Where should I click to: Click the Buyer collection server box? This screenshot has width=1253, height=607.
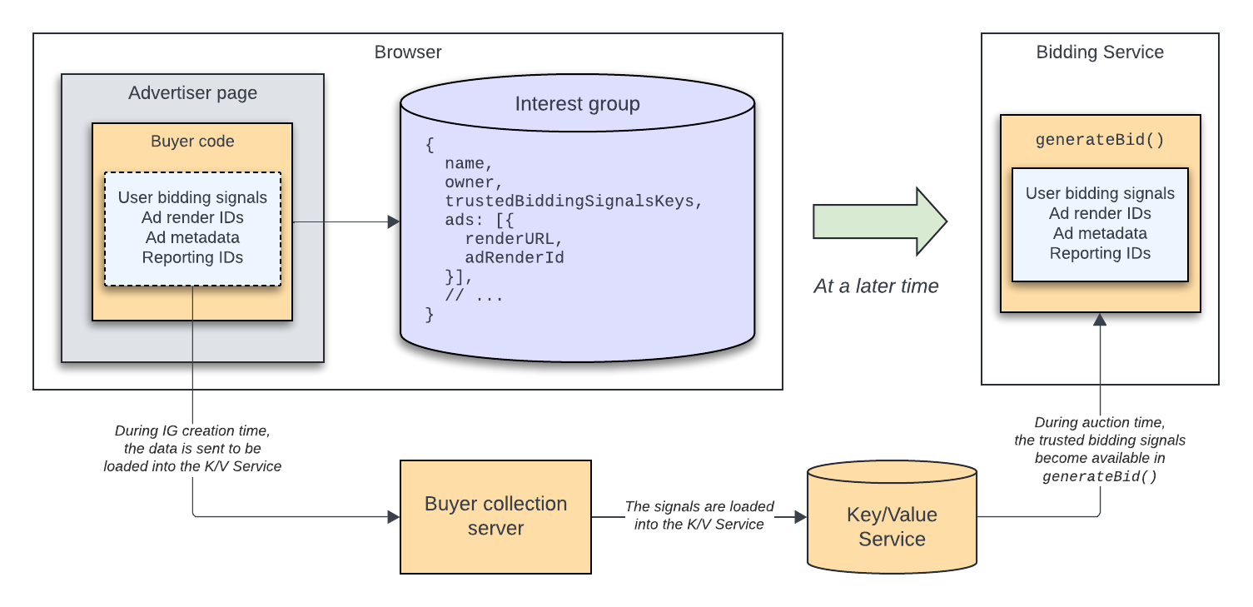(x=495, y=516)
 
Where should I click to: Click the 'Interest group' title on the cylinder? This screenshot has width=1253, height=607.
(x=577, y=104)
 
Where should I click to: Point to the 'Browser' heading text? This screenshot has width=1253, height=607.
(x=408, y=52)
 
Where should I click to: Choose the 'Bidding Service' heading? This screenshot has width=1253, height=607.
(x=1100, y=52)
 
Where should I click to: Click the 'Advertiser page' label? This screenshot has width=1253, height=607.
(x=192, y=93)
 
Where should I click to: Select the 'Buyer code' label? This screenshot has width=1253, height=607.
(x=192, y=142)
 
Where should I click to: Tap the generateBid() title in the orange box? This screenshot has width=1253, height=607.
(x=1100, y=140)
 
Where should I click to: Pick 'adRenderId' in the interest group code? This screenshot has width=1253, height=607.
(x=515, y=257)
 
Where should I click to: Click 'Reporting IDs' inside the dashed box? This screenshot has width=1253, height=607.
(x=192, y=257)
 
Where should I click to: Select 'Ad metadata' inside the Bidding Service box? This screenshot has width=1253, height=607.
(x=1100, y=233)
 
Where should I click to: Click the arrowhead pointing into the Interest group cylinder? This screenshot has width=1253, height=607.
(x=394, y=221)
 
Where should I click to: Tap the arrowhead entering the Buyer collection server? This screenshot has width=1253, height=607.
(x=394, y=516)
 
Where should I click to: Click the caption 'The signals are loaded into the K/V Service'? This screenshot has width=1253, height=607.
(x=699, y=515)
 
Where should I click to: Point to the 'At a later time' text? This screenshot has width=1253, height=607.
(x=876, y=286)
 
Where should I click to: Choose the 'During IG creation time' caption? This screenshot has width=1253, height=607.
(x=192, y=449)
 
